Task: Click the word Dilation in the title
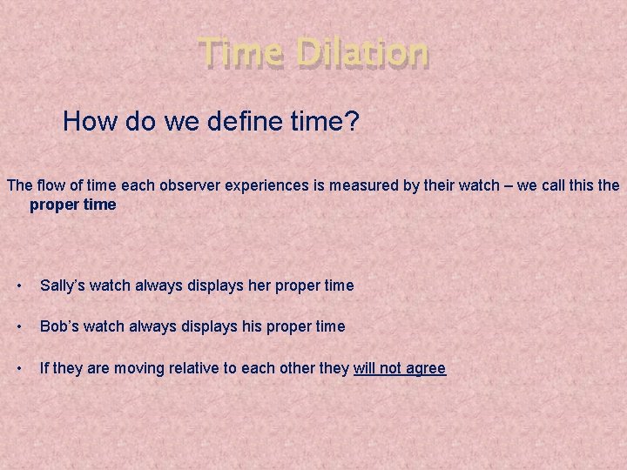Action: (362, 53)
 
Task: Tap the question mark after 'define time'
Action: (351, 121)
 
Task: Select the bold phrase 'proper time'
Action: (72, 205)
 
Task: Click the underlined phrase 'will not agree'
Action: (400, 368)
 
